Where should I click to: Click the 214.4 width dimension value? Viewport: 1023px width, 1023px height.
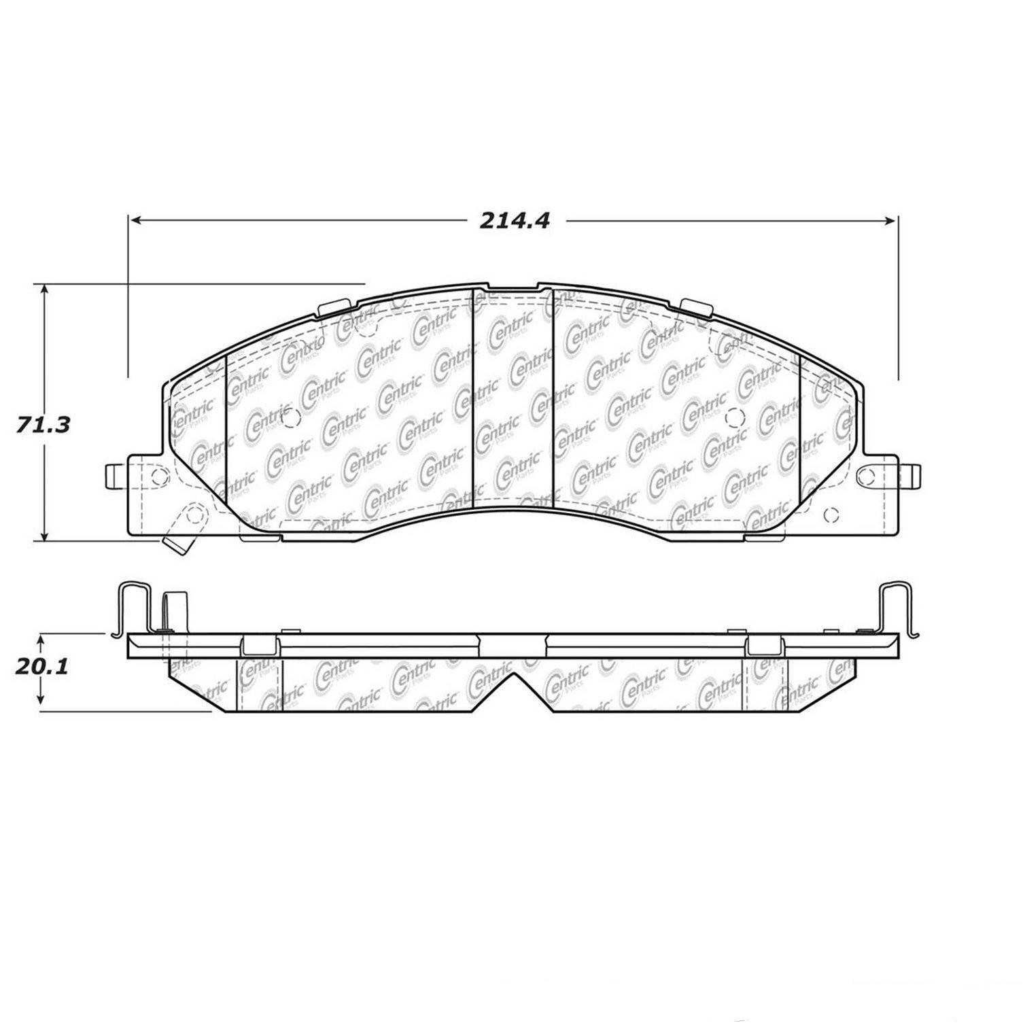tap(514, 221)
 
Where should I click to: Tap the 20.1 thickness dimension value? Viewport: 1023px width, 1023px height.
tap(42, 667)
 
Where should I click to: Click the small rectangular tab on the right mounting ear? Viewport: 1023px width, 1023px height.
tap(915, 475)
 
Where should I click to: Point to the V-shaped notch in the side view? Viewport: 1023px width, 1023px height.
tap(513, 687)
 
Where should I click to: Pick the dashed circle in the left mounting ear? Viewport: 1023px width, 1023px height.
tap(158, 475)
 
